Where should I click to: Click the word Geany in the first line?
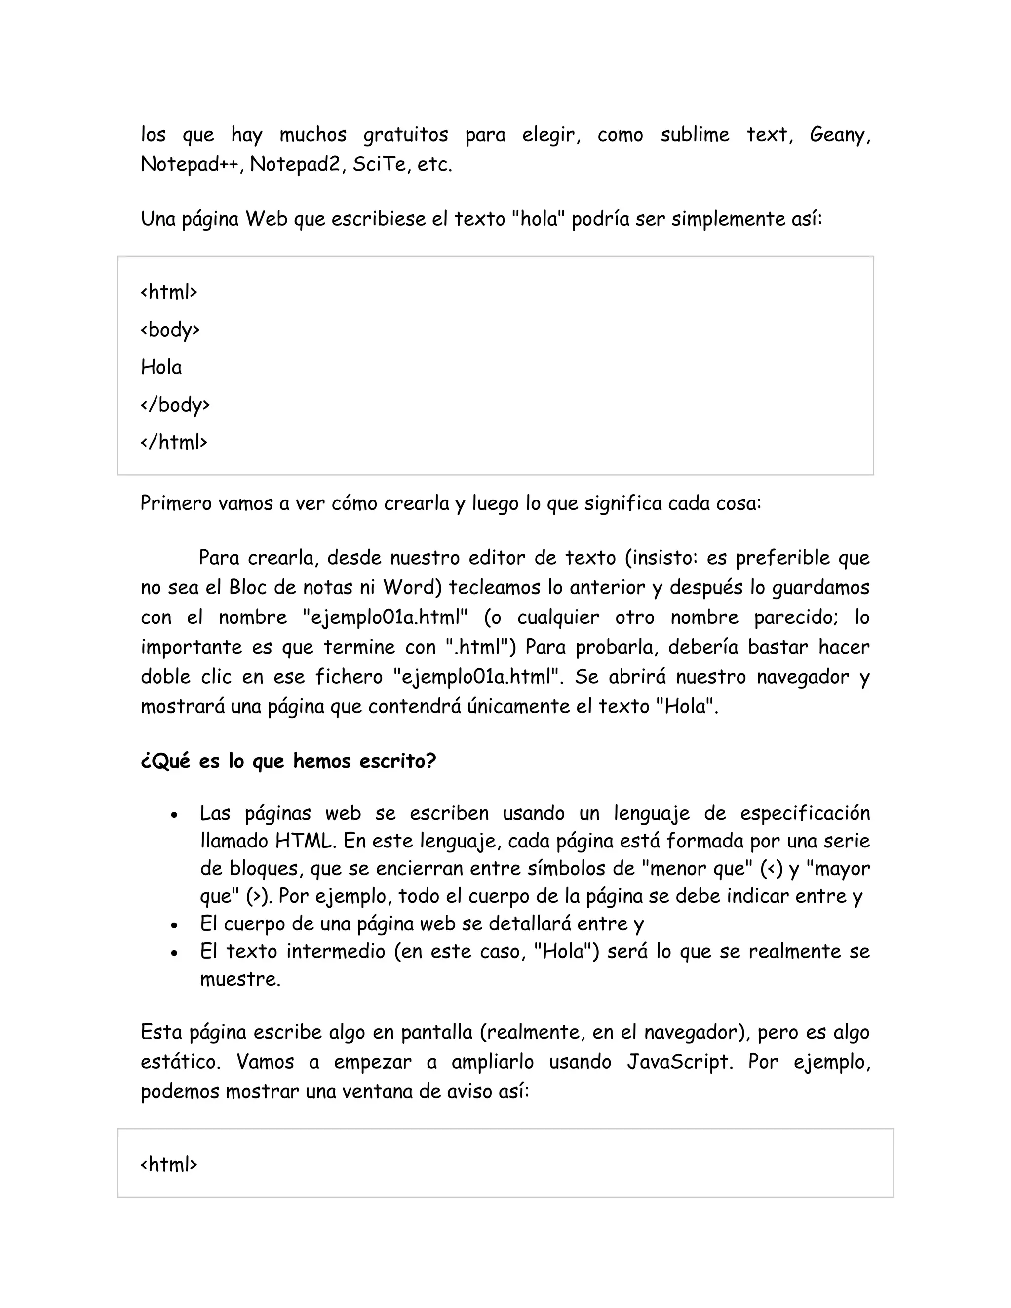click(839, 135)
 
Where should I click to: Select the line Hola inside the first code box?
click(161, 367)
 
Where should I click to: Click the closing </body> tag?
click(175, 405)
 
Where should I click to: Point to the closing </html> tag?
click(174, 442)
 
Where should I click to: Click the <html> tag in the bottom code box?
click(169, 1164)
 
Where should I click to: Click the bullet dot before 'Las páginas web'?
click(174, 815)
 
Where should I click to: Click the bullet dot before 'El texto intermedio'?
click(174, 953)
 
